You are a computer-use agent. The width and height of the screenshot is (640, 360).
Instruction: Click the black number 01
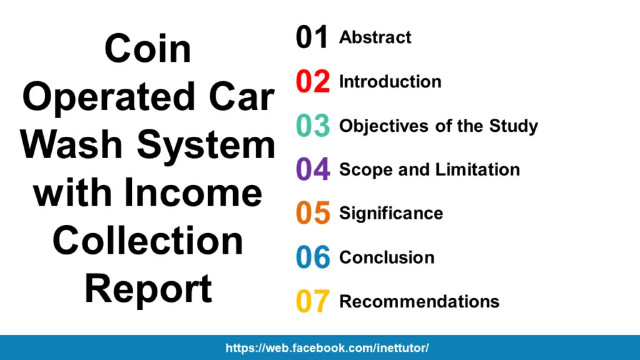click(312, 37)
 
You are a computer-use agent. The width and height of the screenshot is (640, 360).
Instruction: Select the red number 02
click(312, 81)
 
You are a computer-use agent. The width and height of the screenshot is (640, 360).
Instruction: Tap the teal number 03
click(312, 125)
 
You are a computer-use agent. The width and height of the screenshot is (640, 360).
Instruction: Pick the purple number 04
click(312, 169)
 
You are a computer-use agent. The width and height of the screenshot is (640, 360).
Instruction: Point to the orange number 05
click(312, 212)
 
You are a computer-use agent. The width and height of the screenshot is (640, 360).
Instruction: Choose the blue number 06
click(312, 257)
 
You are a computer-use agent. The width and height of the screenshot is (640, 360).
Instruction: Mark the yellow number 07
click(312, 301)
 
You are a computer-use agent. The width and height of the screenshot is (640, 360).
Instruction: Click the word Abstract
click(375, 37)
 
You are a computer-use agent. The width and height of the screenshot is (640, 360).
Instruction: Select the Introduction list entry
click(390, 82)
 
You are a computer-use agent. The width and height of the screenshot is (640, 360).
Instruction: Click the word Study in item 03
click(514, 126)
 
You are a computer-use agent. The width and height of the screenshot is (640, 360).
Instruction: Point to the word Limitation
click(477, 169)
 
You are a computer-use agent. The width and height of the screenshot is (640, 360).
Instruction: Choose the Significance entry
click(391, 214)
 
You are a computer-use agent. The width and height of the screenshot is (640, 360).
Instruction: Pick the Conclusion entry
click(387, 257)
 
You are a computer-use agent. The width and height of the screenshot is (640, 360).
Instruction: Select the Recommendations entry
click(419, 302)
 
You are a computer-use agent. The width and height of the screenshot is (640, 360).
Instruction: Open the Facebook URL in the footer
click(327, 348)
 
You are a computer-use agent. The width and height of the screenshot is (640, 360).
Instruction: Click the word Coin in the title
click(147, 49)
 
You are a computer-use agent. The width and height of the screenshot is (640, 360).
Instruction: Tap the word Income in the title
click(192, 192)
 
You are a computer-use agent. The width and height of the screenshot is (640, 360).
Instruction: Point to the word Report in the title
click(148, 291)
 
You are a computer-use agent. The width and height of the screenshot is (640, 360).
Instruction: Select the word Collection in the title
click(147, 241)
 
